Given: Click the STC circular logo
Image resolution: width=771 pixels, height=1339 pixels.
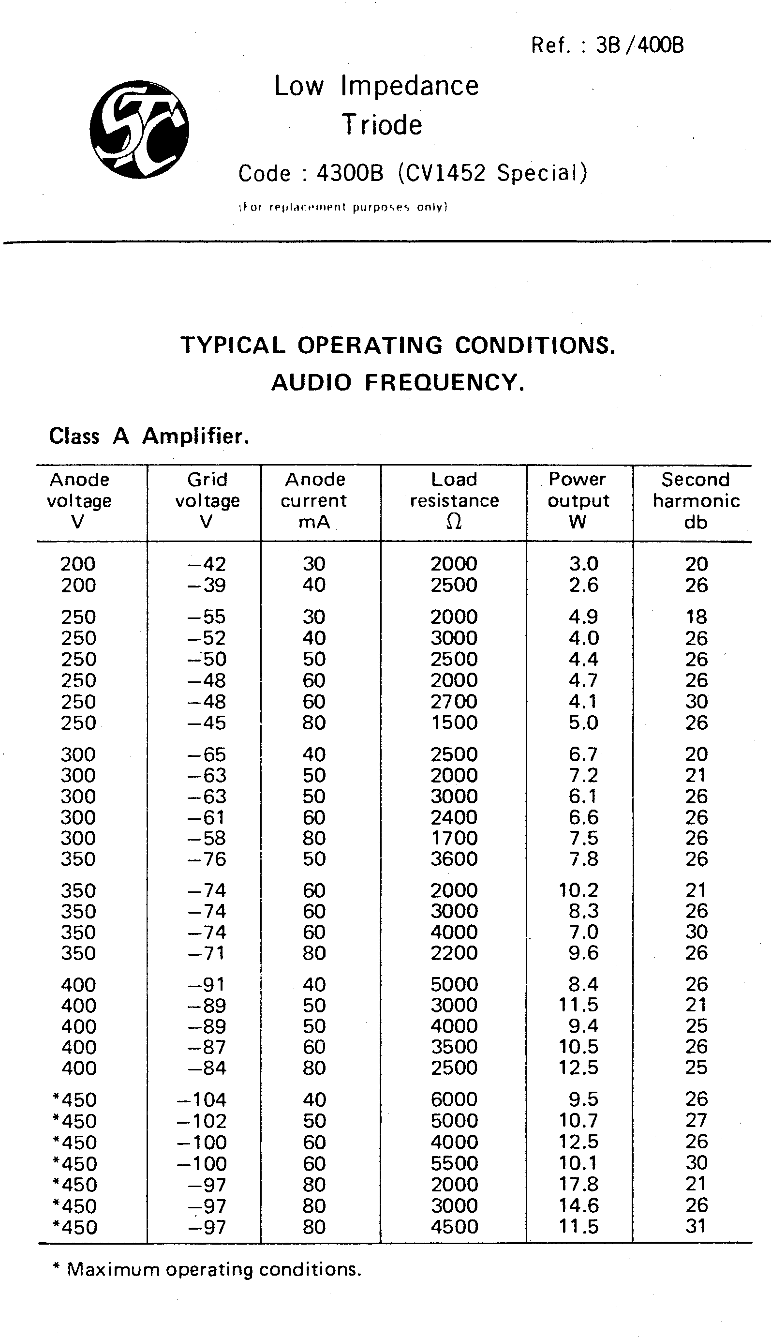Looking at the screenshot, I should point(139,129).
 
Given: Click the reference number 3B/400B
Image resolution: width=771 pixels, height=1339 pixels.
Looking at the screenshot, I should point(639,45).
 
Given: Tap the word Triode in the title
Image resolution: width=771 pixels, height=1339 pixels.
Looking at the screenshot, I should point(382,125).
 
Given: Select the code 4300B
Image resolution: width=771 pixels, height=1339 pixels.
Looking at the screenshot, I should point(350,173).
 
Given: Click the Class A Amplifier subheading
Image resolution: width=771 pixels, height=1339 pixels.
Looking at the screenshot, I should point(149,436).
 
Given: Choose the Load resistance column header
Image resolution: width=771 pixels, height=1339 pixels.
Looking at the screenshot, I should point(454,500).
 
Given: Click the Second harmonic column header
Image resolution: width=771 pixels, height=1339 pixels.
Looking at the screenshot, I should point(696,500).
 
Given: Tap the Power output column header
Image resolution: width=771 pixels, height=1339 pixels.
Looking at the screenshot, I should point(578,500).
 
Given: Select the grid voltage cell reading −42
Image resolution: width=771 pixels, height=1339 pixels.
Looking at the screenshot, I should point(207,564).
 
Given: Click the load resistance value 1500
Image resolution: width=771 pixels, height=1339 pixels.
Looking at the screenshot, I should point(454,722).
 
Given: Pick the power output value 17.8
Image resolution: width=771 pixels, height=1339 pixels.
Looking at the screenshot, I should point(578,1184).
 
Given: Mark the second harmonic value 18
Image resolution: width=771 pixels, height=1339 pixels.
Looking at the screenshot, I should point(697,617).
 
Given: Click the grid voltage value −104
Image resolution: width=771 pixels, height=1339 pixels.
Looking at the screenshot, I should point(202,1099).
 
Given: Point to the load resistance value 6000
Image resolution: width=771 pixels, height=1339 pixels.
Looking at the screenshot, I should point(454,1099).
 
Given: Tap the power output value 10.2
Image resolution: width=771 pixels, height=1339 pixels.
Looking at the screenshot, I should point(578,890).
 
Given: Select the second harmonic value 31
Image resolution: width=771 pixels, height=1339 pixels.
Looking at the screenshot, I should point(697,1226).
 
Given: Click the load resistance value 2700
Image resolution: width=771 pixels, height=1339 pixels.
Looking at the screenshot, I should point(454,701).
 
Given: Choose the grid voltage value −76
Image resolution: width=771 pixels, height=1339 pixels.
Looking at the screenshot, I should point(207,858).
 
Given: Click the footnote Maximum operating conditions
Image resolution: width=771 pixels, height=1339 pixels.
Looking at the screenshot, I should point(214,1270).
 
